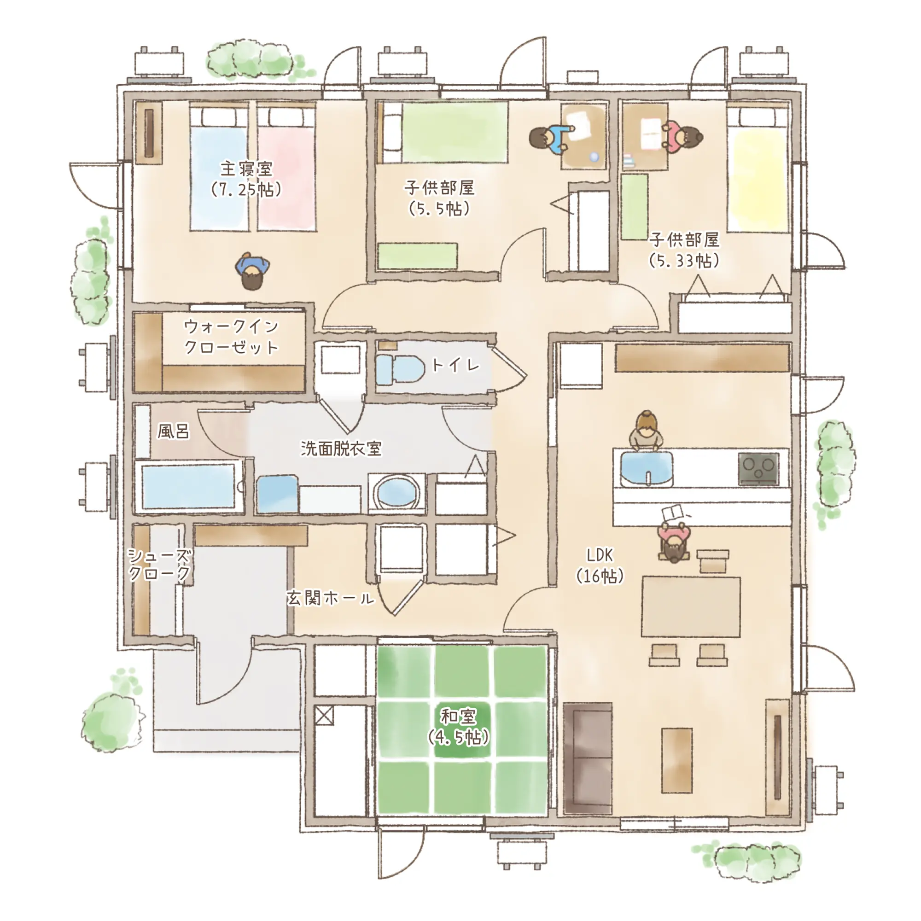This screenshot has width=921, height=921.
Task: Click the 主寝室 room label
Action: (246, 169)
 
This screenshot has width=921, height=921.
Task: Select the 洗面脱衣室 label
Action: (341, 449)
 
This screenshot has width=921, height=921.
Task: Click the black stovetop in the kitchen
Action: (758, 469)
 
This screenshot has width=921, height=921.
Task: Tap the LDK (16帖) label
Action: (600, 566)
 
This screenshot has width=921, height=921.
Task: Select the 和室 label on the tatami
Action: (458, 717)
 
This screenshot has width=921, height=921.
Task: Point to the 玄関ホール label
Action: (330, 599)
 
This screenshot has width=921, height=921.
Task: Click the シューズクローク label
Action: (160, 565)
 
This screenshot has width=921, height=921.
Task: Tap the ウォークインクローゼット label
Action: (231, 337)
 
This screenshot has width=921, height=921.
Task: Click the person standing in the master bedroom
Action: (252, 271)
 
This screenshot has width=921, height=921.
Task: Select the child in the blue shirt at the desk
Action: (550, 139)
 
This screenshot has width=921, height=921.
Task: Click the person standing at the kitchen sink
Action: (647, 431)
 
